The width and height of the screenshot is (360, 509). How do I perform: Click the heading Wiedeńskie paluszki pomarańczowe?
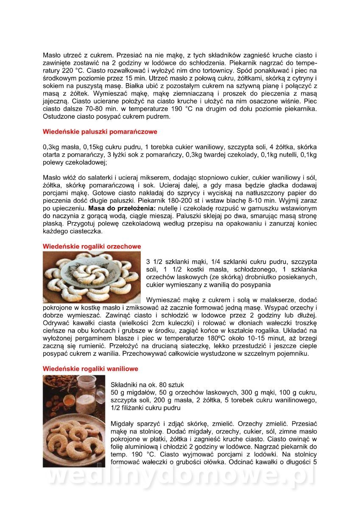tap(100, 131)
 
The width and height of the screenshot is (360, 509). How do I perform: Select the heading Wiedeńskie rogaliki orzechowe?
tap(92, 246)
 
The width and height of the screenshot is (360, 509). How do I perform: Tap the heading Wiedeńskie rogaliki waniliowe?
tap(90, 369)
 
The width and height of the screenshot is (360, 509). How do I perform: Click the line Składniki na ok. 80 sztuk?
tap(147, 385)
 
